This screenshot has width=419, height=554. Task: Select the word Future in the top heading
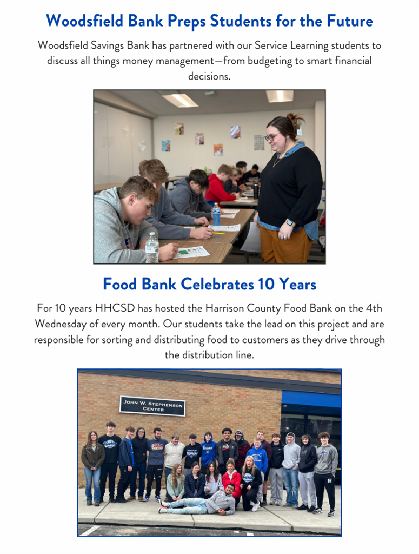(349, 21)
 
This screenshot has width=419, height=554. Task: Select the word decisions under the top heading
(209, 76)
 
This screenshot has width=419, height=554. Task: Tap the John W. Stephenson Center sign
(152, 405)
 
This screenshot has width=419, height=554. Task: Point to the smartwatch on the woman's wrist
(290, 222)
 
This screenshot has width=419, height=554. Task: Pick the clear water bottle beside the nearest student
(152, 248)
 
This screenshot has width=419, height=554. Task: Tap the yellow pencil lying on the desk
(218, 233)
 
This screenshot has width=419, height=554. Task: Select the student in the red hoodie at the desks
(220, 186)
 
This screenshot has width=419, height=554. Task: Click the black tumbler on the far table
(256, 191)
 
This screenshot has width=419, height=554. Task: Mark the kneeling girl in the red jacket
(231, 479)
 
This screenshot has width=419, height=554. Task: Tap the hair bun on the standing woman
(294, 118)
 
